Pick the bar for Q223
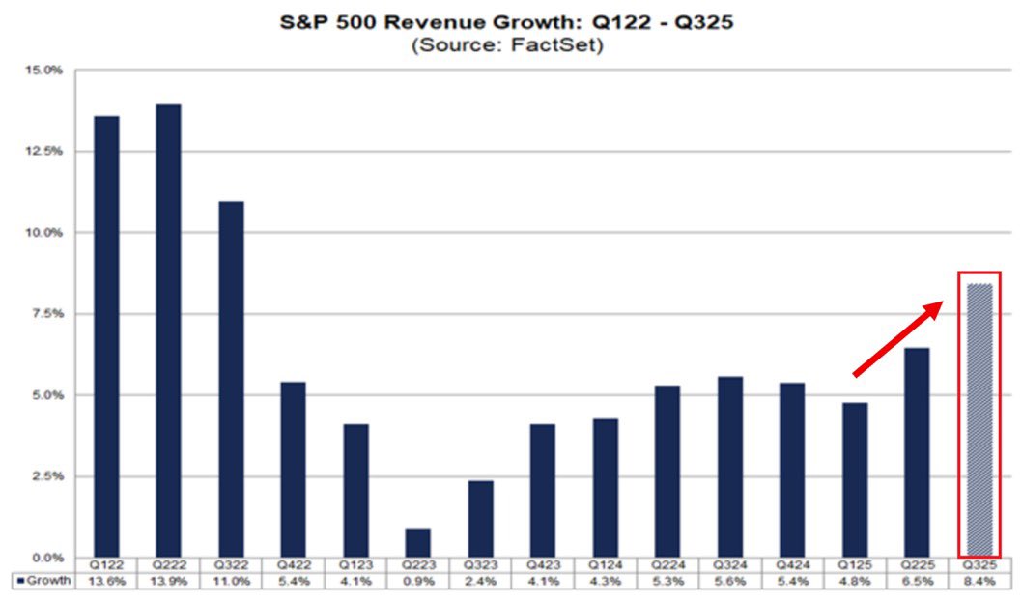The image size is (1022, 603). tap(418, 542)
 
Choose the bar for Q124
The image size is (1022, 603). tap(605, 487)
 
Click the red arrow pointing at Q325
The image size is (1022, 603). tap(897, 337)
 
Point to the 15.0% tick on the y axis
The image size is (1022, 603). tap(44, 71)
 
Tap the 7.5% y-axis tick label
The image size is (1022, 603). tap(46, 314)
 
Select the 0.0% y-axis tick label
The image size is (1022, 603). tap(46, 558)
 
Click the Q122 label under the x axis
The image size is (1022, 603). tap(105, 565)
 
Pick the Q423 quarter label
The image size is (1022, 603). tap(543, 565)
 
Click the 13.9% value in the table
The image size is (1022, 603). tap(168, 581)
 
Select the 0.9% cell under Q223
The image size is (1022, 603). tap(418, 581)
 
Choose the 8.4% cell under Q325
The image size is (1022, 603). tap(979, 581)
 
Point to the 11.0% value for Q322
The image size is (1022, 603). tap(231, 581)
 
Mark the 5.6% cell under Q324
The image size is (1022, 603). tap(730, 581)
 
